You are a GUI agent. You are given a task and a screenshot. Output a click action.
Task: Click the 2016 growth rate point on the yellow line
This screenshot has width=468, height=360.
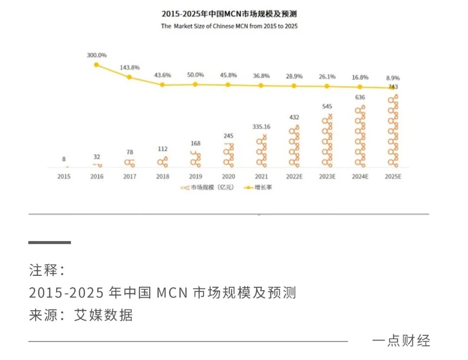point(97,65)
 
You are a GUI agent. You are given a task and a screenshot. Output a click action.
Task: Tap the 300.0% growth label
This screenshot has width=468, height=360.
point(97,56)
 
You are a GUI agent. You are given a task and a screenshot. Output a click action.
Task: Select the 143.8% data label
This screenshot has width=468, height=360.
point(129,68)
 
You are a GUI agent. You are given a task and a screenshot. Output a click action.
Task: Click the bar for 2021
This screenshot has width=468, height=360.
point(261,152)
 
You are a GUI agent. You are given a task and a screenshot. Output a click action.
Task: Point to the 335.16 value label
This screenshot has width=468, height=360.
point(261,127)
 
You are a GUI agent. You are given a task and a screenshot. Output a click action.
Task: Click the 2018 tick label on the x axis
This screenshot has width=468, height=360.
point(162,177)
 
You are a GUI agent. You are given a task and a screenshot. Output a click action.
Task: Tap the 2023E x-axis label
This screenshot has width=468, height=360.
point(327,177)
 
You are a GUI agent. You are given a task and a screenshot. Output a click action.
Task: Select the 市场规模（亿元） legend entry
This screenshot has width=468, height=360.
point(207,188)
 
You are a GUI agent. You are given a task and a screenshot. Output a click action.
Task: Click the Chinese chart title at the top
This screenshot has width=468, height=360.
point(229,14)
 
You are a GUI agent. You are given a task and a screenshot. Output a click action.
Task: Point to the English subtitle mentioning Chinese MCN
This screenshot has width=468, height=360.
point(229,26)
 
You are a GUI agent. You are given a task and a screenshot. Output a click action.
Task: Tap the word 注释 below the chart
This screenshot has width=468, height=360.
point(43,270)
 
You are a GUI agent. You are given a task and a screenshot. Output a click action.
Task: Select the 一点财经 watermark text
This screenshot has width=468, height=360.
point(401,341)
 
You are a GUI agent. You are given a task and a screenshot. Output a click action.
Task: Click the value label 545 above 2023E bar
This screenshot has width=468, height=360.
point(327,106)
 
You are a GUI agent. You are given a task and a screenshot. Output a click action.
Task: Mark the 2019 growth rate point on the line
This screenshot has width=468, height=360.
point(195,84)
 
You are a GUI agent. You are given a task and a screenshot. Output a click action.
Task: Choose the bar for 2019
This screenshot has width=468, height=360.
point(195,159)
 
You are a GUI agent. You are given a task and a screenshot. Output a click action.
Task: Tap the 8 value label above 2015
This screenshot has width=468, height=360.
point(64,159)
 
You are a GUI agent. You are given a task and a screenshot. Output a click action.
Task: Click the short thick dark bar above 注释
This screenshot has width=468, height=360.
point(50,242)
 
